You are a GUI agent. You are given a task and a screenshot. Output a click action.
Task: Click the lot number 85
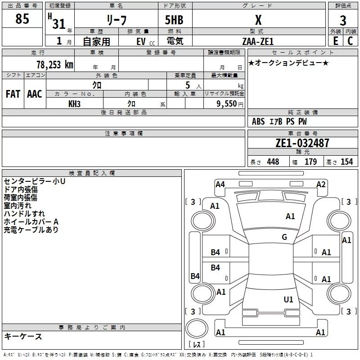pyautogui.click(x=22, y=19)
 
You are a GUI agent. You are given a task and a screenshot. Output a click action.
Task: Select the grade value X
pyautogui.click(x=258, y=20)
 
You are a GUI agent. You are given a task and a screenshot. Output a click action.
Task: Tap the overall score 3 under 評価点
pyautogui.click(x=343, y=20)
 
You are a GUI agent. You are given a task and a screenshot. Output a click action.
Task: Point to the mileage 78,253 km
pyautogui.click(x=54, y=64)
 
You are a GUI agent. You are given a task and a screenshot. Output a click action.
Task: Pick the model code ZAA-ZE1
pyautogui.click(x=257, y=41)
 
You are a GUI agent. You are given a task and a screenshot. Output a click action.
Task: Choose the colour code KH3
pyautogui.click(x=74, y=103)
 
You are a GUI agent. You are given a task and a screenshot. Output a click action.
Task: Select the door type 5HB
pyautogui.click(x=174, y=20)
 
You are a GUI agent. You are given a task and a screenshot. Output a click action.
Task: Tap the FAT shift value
pyautogui.click(x=13, y=94)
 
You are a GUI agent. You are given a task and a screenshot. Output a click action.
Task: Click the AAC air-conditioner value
pyautogui.click(x=35, y=94)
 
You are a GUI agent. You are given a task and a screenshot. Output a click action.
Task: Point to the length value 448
pyautogui.click(x=273, y=162)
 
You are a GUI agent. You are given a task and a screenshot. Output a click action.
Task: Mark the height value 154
pyautogui.click(x=346, y=162)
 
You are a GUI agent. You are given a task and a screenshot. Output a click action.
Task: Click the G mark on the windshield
pyautogui.click(x=284, y=237)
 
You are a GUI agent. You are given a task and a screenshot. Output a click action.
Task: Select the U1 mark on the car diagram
pyautogui.click(x=288, y=299)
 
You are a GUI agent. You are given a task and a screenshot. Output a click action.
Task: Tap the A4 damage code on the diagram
pyautogui.click(x=220, y=184)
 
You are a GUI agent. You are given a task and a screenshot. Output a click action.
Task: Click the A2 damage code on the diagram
pyautogui.click(x=321, y=184)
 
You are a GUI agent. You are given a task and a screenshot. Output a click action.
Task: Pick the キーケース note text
pyautogui.click(x=23, y=336)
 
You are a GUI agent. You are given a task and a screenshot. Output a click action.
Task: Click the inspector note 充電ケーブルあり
pyautogui.click(x=31, y=230)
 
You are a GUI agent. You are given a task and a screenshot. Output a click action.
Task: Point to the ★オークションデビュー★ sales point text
pyautogui.click(x=288, y=63)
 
